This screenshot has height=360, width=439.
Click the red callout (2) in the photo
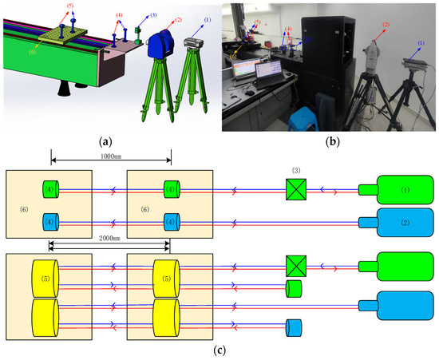pos(386,25)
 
